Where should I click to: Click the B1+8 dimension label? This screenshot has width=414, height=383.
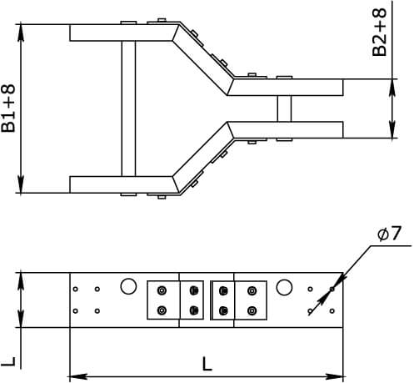click(8, 108)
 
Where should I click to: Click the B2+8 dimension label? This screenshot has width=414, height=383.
click(379, 33)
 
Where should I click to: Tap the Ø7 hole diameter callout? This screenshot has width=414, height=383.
click(390, 234)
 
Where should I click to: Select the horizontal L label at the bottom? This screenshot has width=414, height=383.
click(207, 364)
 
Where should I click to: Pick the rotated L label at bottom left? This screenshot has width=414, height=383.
click(8, 360)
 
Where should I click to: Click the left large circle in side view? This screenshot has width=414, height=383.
click(128, 286)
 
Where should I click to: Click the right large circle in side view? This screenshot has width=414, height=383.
click(284, 287)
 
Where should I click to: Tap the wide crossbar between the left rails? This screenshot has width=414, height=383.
click(128, 108)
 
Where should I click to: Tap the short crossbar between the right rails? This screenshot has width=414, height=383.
click(284, 108)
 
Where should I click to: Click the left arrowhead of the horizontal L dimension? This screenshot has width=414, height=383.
click(78, 377)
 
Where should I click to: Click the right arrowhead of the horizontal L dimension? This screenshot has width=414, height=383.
click(335, 377)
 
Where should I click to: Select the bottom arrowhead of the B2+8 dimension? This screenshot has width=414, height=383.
click(392, 129)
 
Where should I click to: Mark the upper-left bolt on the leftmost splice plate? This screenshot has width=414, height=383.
click(162, 290)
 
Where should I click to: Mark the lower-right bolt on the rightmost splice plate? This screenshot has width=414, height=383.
click(252, 310)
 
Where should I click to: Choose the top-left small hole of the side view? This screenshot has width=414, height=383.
click(75, 290)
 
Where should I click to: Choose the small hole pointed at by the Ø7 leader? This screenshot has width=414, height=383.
click(332, 290)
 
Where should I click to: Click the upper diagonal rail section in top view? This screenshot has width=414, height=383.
click(203, 59)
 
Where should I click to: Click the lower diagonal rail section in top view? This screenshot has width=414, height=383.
click(203, 158)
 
